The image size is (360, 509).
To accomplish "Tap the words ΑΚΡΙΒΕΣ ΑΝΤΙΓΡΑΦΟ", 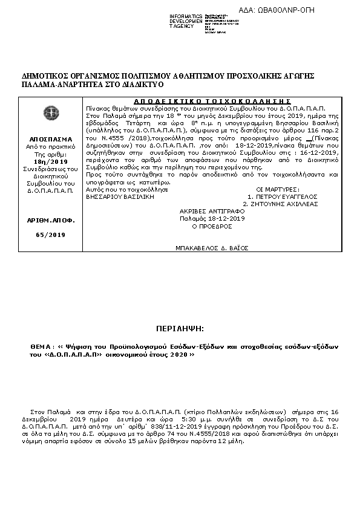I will click(x=212, y=211).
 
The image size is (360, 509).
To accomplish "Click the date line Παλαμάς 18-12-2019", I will click(x=212, y=218).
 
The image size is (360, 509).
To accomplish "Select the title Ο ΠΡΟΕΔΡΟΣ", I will click(x=212, y=225).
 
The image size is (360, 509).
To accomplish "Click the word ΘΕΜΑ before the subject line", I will click(x=42, y=346).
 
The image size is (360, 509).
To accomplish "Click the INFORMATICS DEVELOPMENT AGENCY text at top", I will click(x=186, y=21).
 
